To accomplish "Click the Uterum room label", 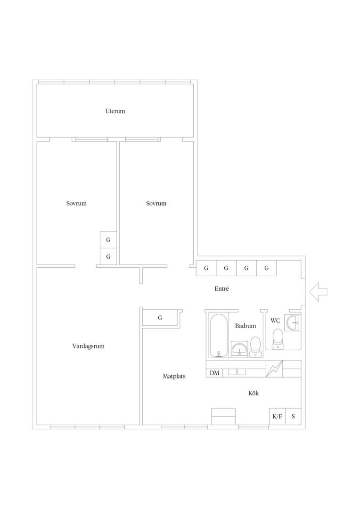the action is point(115,111).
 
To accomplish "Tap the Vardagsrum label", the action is point(88,346).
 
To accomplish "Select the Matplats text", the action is point(174,376).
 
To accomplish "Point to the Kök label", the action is point(254,393).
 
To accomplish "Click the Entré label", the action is point(222,288).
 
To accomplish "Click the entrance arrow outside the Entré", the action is point(319,292).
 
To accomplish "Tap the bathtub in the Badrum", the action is point(219,336).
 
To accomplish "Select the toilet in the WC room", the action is point(278,339).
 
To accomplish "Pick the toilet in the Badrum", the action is point(256,347).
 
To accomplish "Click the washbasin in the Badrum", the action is point(239,349).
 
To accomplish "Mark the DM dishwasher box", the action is point(214,373).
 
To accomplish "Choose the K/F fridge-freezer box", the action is point(277,417).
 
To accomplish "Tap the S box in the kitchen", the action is point(293,417).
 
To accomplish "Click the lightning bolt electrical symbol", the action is point(274,369).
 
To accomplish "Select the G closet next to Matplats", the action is point(160,318).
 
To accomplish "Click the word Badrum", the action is point(245,326).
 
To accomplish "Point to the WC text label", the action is point(275,321).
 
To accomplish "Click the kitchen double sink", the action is point(237,372).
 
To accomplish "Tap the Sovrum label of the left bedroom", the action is point(76,204).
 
